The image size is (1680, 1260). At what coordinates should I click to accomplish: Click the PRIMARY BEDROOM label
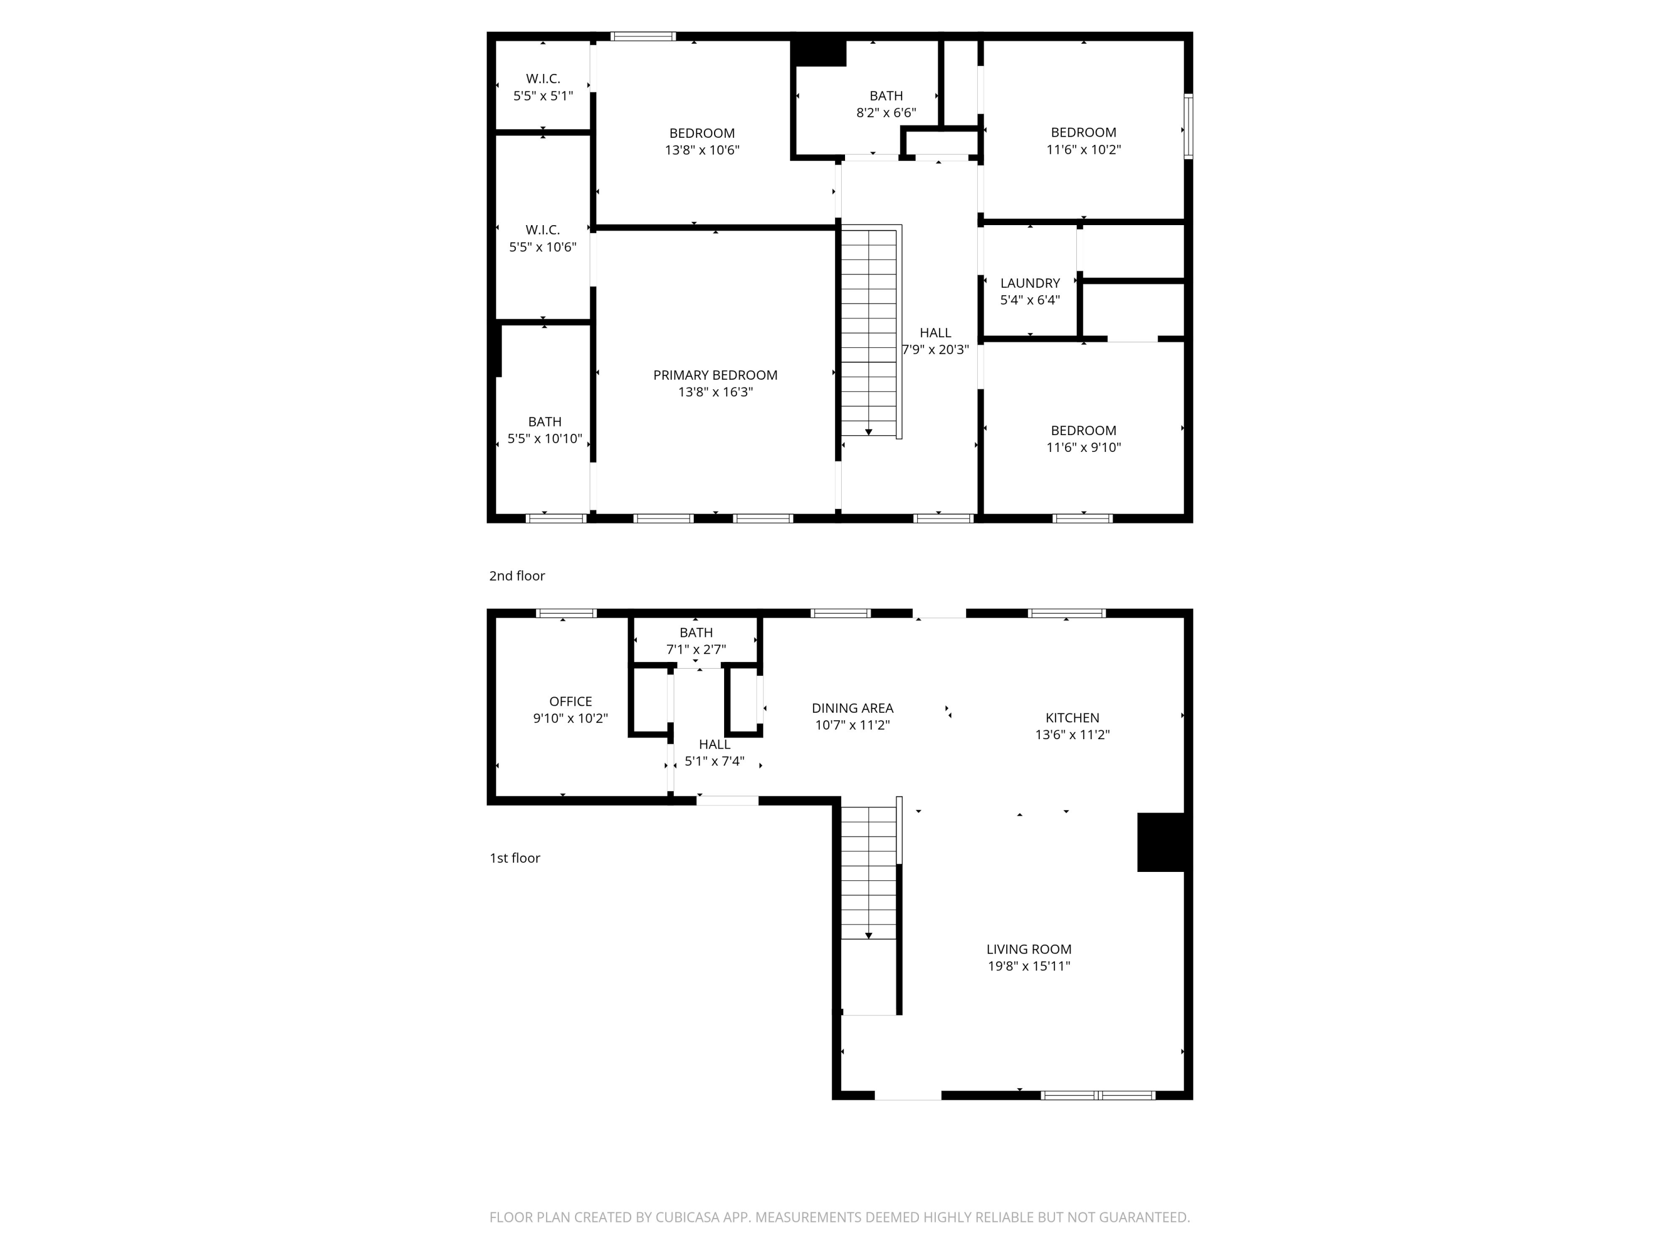coord(715,375)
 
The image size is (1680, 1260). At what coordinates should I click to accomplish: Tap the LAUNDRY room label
coord(1029,283)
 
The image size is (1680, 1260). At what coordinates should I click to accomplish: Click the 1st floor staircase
coord(869,874)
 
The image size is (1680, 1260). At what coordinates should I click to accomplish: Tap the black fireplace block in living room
coord(1160,842)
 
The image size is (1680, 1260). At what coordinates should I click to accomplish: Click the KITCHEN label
coord(1072,718)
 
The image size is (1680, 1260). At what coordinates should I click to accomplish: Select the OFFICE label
coord(571,702)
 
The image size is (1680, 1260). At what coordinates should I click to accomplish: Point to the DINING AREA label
coord(852,708)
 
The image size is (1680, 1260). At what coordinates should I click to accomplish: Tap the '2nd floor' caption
coord(516,576)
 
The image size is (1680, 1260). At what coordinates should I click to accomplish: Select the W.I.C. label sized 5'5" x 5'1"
coord(543,79)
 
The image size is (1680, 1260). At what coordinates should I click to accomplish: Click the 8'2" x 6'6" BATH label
coord(885,96)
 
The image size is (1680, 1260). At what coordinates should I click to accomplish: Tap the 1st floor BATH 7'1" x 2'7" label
coord(696,633)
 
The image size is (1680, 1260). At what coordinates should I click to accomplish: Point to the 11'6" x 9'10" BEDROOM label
coord(1083,431)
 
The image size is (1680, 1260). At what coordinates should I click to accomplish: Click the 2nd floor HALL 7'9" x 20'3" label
coord(935,333)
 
